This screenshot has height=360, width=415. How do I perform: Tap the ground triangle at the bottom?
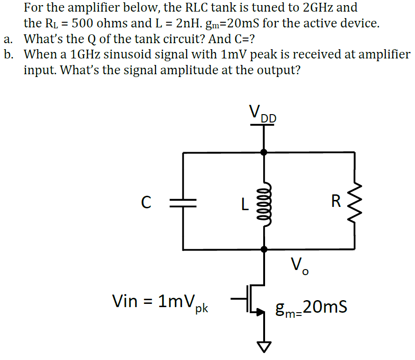pos(264,346)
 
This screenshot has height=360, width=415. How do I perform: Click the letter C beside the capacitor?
pos(146,202)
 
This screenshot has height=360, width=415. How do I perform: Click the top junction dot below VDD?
pos(264,152)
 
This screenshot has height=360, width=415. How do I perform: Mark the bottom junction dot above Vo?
pos(264,250)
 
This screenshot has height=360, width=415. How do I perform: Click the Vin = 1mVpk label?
pos(160,302)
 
